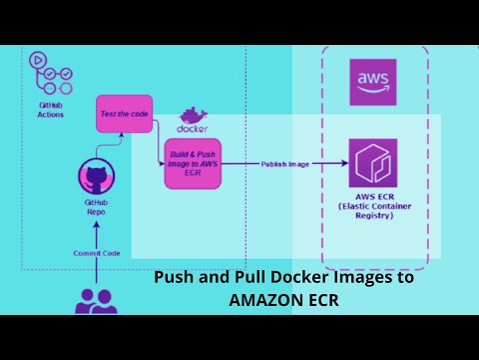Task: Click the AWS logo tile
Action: coord(372,82)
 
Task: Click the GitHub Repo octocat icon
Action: coord(95,180)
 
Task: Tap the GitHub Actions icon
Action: coord(51,76)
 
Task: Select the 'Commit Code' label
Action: coord(97,253)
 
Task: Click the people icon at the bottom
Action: coord(97,300)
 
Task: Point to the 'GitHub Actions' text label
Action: coord(51,109)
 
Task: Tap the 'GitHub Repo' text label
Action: coord(95,208)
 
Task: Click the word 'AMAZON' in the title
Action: coord(261,299)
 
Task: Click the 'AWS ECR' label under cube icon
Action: coord(372,198)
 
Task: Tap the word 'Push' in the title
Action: coord(172,279)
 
